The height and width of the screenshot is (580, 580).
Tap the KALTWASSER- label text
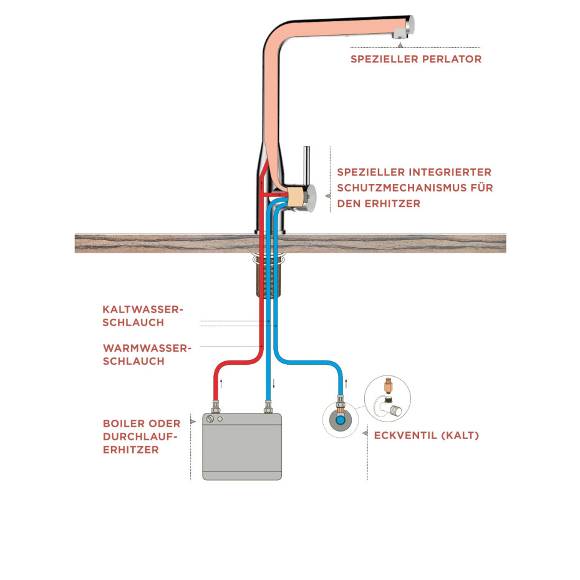(x=143, y=309)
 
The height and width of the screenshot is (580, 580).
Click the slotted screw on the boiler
(x=210, y=420)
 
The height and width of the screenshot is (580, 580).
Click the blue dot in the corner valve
(x=340, y=420)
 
